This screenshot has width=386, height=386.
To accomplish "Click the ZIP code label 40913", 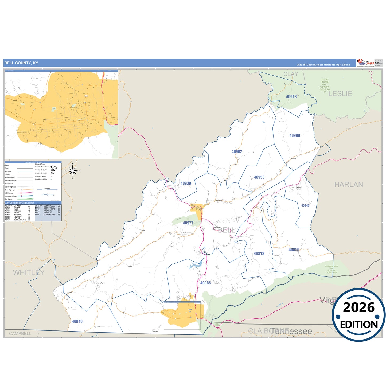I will (x=291, y=97).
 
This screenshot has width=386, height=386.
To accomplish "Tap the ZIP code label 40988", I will (x=295, y=135).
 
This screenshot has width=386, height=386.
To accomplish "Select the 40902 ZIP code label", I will (x=237, y=152).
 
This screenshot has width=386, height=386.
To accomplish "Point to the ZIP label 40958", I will (x=259, y=177).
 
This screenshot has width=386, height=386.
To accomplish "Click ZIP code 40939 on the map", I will (x=186, y=183).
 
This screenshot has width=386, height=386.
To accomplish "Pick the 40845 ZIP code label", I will (x=305, y=205).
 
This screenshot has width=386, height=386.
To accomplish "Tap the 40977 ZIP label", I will (x=188, y=223).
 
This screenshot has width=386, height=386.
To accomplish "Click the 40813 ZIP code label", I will (x=259, y=254).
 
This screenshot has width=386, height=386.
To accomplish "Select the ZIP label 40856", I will (x=294, y=250).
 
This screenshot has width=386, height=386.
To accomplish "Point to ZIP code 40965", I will (x=205, y=283).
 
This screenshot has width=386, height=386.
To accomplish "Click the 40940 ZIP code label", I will (x=77, y=321).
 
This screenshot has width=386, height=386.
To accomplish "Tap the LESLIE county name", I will (x=340, y=94).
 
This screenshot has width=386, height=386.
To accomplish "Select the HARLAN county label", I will (x=349, y=185).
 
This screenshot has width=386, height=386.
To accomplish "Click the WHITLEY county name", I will (x=29, y=272).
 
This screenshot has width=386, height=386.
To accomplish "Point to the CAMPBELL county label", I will (x=20, y=333).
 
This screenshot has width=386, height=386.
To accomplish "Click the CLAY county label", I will (x=291, y=74).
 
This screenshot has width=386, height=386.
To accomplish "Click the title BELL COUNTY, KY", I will (x=21, y=63).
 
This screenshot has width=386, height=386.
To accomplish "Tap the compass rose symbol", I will (x=73, y=171).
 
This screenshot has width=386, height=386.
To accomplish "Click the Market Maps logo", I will (x=365, y=63).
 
